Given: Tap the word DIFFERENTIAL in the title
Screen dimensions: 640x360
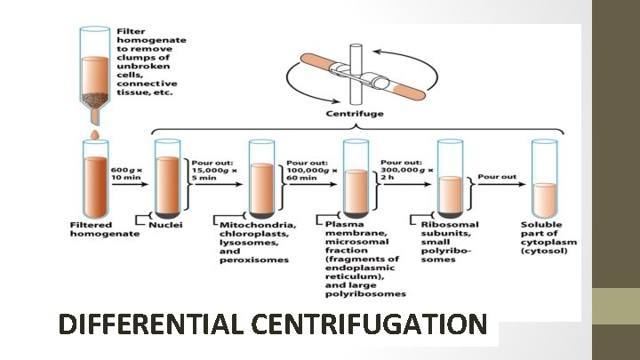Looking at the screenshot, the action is [x=151, y=325].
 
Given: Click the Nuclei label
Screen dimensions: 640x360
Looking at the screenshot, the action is [x=166, y=225].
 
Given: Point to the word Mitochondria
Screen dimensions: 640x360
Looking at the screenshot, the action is [x=258, y=225].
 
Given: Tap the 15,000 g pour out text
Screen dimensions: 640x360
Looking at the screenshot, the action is [x=212, y=168].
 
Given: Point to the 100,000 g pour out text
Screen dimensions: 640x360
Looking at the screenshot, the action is [x=307, y=168].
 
